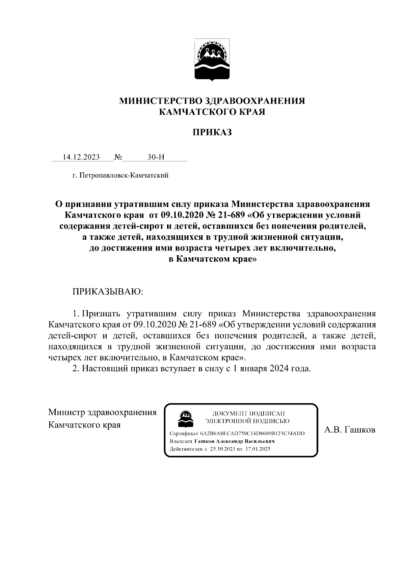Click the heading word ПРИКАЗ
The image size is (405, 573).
pos(212,132)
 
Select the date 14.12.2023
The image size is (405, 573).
pos(81,157)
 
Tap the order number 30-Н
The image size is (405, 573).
pos(156,157)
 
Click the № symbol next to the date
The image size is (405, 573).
pos(118,157)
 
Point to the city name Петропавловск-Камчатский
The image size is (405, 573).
pos(124,175)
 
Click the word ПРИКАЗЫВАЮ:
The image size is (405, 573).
pos(108,291)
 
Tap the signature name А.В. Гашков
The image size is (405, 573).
pos(350,430)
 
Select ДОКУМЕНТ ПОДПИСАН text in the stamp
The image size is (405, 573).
pos(248,413)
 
